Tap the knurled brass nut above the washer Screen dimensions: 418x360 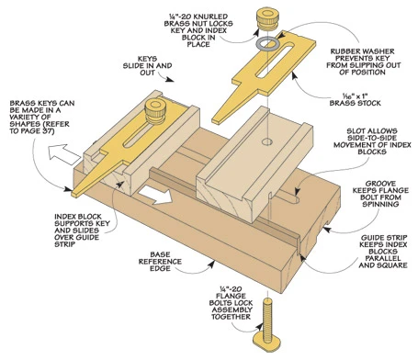click(267, 19)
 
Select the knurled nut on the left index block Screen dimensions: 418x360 click(155, 111)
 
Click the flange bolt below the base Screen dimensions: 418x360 click(267, 325)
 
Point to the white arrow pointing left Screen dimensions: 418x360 click(63, 154)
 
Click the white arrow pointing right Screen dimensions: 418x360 click(155, 195)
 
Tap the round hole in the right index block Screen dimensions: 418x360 click(267, 141)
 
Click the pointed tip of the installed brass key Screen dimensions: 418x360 click(73, 195)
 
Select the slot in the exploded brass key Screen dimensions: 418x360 click(276, 60)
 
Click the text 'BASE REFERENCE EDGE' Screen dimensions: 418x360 click(160, 262)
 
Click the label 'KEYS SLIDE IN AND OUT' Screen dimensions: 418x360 click(147, 65)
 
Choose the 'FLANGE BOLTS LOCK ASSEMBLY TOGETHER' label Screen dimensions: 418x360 click(231, 303)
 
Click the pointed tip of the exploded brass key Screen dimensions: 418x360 click(214, 121)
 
